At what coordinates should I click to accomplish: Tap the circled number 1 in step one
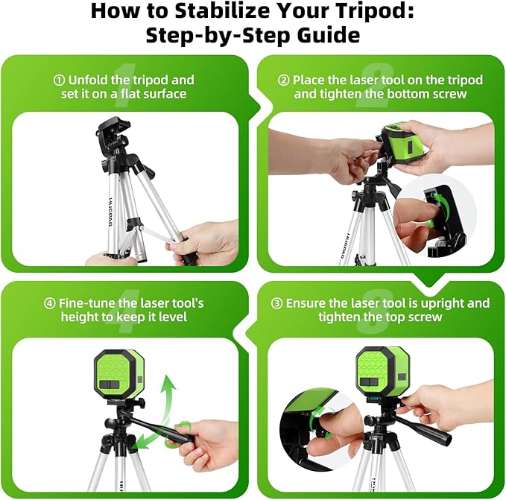click(59, 80)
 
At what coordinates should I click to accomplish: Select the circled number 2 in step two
click(283, 80)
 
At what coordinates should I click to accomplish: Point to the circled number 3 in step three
click(276, 303)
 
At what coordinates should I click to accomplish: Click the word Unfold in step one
click(89, 80)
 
